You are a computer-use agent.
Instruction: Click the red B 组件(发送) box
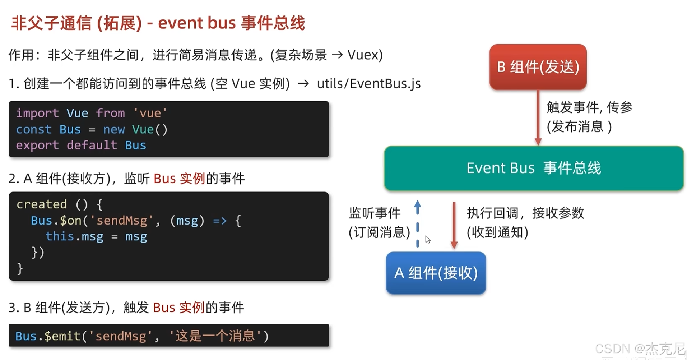click(538, 67)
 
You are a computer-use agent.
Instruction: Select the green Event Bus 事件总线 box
click(533, 168)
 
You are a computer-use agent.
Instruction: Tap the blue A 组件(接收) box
click(436, 273)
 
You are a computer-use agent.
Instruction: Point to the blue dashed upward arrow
click(417, 223)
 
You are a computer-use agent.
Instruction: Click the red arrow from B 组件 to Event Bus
click(538, 117)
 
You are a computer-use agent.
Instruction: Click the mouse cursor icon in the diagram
click(427, 240)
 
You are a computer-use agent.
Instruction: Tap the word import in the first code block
click(37, 113)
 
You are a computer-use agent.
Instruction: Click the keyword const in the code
click(34, 129)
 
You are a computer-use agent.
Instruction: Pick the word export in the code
click(37, 145)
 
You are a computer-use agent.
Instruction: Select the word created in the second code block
click(42, 204)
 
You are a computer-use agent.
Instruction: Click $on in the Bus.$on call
click(71, 220)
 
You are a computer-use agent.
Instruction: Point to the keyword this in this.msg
click(60, 236)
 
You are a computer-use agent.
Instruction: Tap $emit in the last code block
click(63, 336)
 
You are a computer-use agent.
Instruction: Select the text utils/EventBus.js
click(368, 84)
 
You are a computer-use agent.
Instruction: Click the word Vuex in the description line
click(363, 55)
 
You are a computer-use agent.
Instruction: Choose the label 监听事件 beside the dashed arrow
click(375, 213)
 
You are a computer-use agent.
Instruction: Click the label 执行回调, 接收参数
click(525, 213)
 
